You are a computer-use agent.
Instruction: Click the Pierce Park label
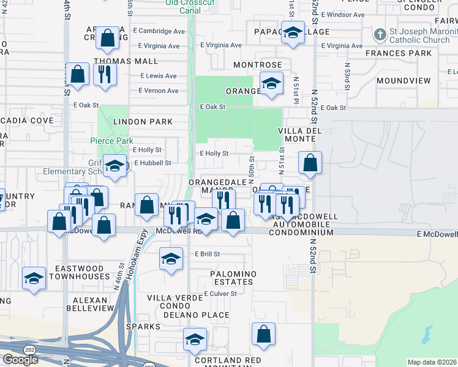coord(111,141)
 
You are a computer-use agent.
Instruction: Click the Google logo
coord(20,359)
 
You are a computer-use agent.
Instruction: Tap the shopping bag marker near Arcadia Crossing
coord(107,38)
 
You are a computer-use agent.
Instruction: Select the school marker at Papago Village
coord(293,33)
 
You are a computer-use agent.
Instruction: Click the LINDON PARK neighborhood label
coord(142,122)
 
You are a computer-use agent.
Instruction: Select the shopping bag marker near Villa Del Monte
coord(310,163)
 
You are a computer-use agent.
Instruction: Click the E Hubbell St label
coord(152,163)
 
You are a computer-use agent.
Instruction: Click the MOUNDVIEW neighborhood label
coord(404,81)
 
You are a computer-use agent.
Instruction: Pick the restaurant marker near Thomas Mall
coord(105,75)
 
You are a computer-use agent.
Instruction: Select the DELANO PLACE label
coord(196,316)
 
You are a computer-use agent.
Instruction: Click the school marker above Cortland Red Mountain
coord(195,339)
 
